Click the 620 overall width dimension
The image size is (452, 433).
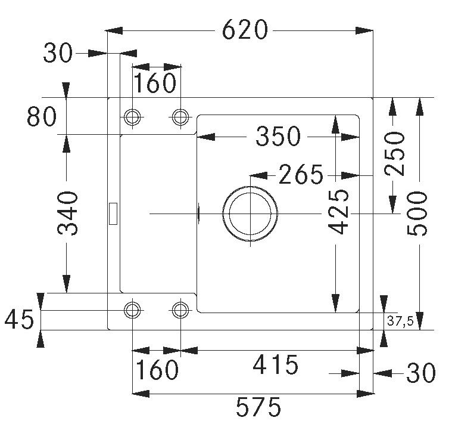pos(245,30)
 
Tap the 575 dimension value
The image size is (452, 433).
pos(258,408)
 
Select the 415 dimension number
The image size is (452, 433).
pos(275,364)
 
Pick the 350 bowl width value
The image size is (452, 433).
pos(278,137)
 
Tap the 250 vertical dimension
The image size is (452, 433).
pos(394,154)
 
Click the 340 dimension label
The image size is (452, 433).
pos(68,213)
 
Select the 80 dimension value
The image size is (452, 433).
pos(42,117)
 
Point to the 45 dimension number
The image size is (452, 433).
pos(18,320)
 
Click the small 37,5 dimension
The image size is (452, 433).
pos(400,321)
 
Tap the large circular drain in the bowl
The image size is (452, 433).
pos(250,213)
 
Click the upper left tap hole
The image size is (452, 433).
pos(132,116)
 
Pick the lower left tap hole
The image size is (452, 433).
pos(132,310)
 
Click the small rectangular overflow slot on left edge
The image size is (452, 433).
pos(113,213)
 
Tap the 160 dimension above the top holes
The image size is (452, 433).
pos(154,83)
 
